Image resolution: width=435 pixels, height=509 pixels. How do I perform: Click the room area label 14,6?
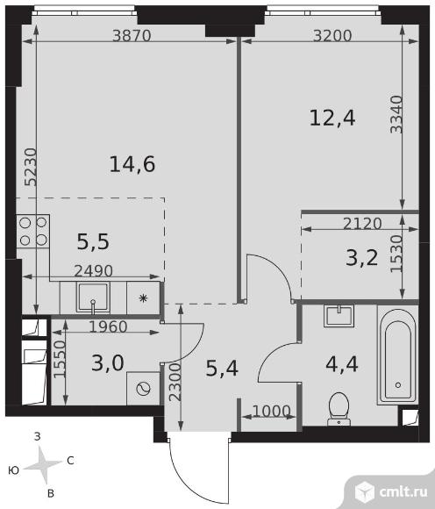132,164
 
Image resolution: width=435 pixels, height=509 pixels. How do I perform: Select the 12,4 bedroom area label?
332,118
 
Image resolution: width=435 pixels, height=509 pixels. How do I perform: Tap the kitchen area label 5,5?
93,242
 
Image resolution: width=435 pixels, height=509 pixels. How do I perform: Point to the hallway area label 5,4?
222,369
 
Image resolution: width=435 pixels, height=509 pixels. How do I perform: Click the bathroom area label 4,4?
342,364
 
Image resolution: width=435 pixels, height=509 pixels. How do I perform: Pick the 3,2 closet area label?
362,258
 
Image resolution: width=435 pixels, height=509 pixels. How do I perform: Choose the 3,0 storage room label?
108,363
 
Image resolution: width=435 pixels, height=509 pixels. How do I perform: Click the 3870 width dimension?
132,35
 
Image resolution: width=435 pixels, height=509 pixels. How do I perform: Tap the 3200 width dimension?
332,35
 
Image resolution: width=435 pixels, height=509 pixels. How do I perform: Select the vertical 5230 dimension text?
31,167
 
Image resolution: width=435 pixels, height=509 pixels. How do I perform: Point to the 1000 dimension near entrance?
271,412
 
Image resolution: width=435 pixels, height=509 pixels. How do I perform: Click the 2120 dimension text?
362,224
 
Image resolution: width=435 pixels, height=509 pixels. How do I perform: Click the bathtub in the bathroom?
397,355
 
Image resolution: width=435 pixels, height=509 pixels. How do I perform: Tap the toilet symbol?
339,409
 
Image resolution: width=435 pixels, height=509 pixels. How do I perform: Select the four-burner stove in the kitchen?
33,231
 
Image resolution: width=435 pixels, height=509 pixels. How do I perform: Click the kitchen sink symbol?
93,298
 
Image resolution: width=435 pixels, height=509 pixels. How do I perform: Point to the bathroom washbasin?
339,316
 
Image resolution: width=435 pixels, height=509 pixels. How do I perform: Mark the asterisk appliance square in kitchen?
143,298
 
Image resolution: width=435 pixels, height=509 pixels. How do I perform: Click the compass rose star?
43,465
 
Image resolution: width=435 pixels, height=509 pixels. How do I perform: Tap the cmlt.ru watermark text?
403,492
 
